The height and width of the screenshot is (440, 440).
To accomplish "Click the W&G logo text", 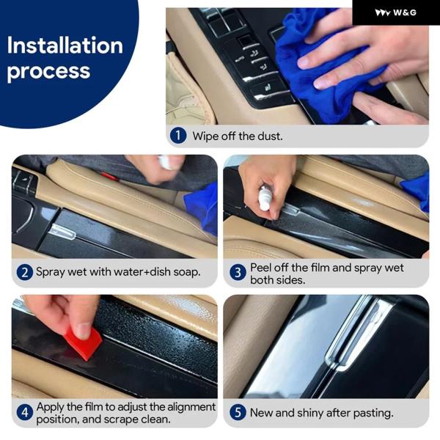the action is [x=404, y=12].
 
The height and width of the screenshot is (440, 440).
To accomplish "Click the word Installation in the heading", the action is [x=65, y=45].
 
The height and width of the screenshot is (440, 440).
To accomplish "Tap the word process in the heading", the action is [x=48, y=71].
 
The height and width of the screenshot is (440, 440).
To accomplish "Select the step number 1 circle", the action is [x=178, y=136].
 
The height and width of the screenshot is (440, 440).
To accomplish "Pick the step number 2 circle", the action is [x=25, y=272].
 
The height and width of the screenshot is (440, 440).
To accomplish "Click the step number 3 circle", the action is [x=238, y=273].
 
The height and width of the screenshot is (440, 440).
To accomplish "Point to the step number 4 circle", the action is [x=25, y=412].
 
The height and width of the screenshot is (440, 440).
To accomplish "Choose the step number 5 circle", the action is [x=238, y=412].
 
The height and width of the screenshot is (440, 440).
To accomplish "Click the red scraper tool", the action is [x=83, y=344].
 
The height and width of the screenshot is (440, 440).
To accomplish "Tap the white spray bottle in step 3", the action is [x=264, y=199].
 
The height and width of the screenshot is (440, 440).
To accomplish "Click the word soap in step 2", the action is [x=187, y=272].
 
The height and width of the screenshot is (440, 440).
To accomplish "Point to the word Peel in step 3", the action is [x=260, y=268].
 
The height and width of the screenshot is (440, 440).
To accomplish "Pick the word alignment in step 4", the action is [x=191, y=407].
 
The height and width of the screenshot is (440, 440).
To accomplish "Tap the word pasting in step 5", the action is [x=373, y=413].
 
